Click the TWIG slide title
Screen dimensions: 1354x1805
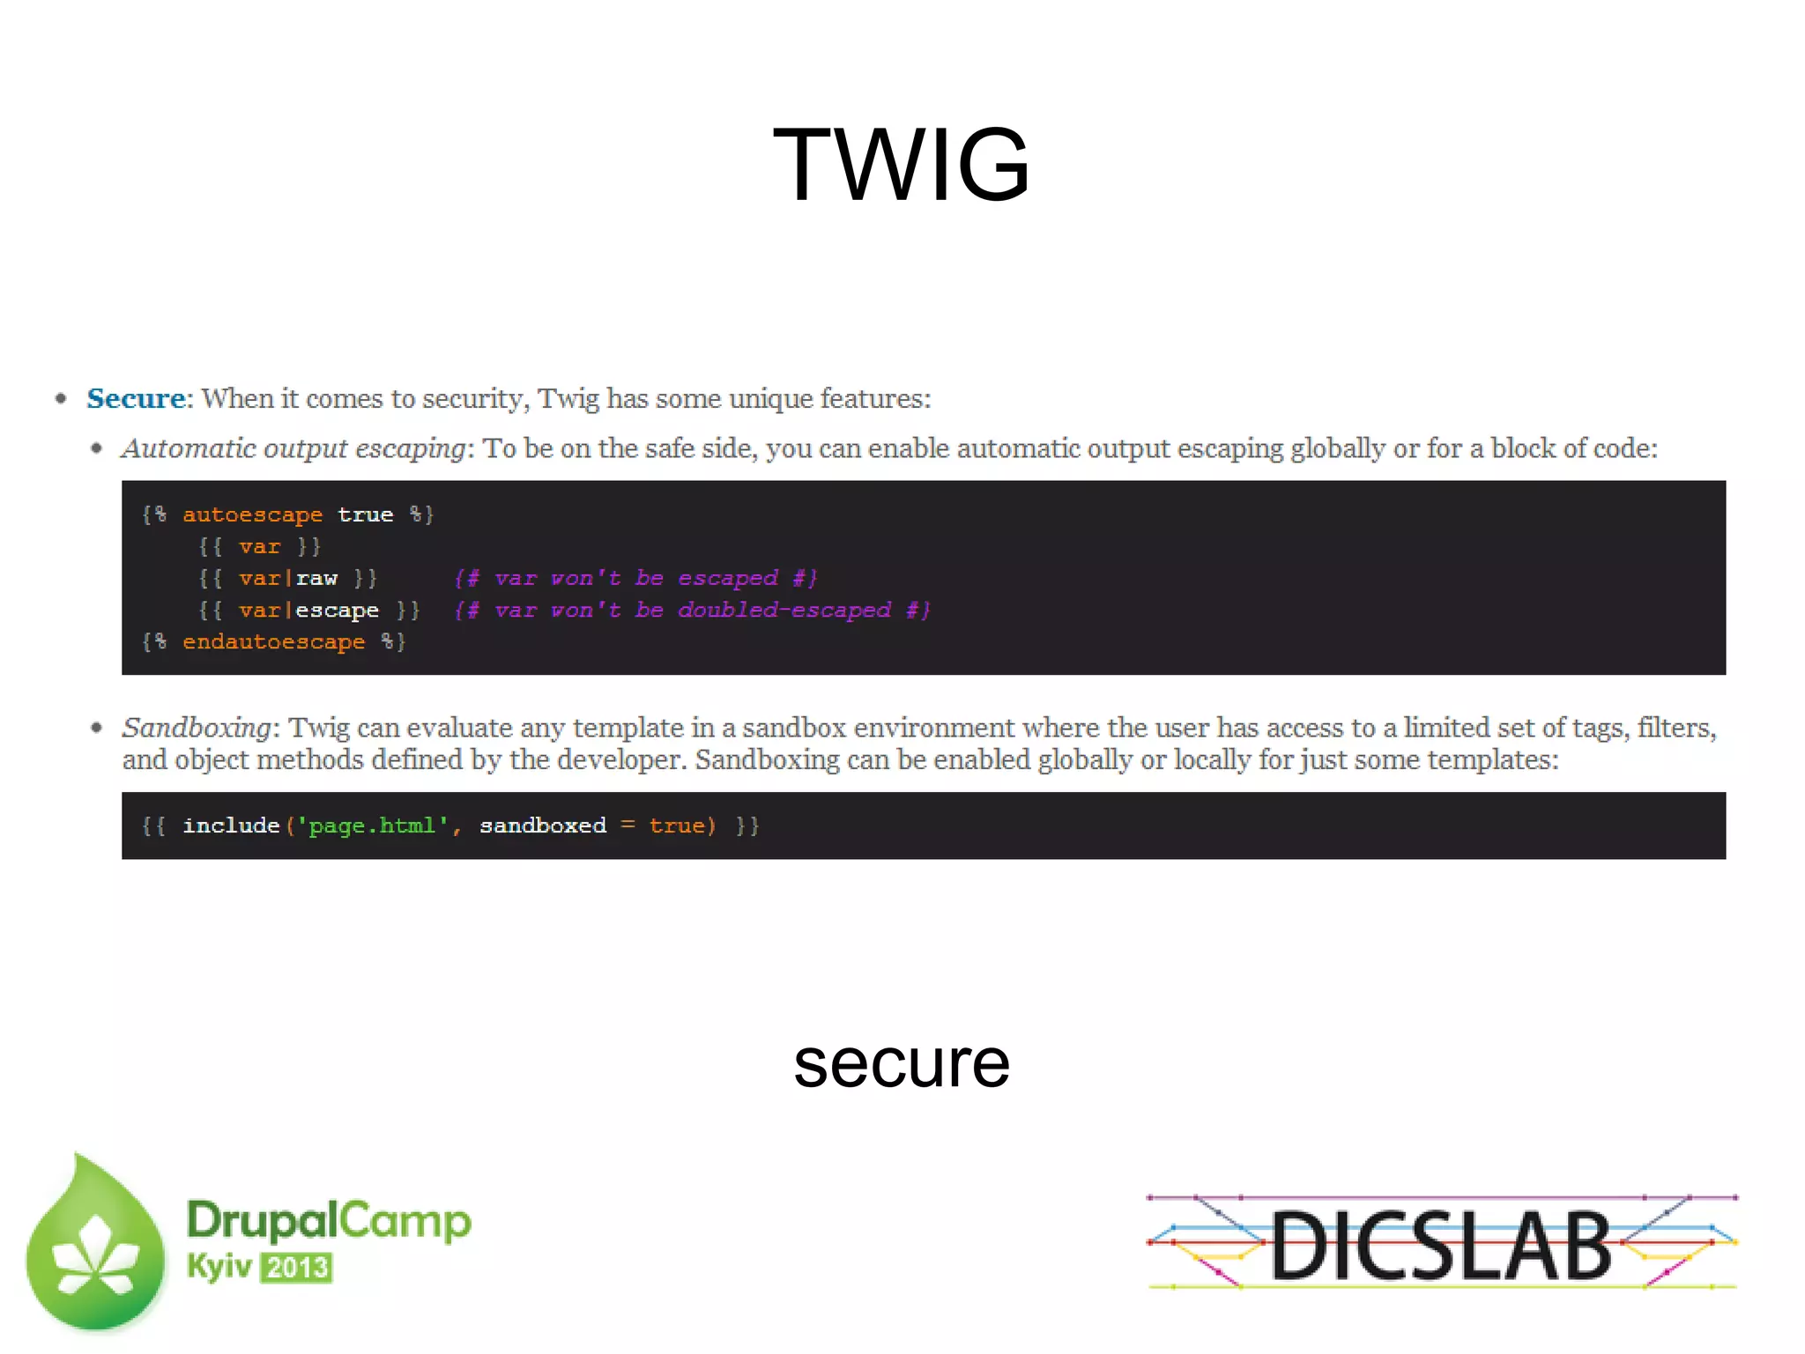pyautogui.click(x=901, y=165)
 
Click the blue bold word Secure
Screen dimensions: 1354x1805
pyautogui.click(x=136, y=398)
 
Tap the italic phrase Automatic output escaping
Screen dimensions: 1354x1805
pyautogui.click(x=293, y=448)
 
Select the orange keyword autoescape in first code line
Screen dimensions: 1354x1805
pyautogui.click(x=252, y=514)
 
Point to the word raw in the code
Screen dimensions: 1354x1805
pyautogui.click(x=316, y=579)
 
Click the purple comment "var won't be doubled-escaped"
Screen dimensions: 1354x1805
pyautogui.click(x=692, y=610)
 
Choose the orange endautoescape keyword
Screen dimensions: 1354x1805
pyautogui.click(x=273, y=642)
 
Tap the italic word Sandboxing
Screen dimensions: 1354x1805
pyautogui.click(x=197, y=728)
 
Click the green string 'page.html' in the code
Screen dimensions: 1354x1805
pyautogui.click(x=372, y=826)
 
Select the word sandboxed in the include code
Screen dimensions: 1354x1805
pyautogui.click(x=543, y=826)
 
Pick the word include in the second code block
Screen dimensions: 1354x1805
pyautogui.click(x=231, y=826)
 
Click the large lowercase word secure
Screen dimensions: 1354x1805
pyautogui.click(x=901, y=1063)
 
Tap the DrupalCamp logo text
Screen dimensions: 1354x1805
pyautogui.click(x=329, y=1221)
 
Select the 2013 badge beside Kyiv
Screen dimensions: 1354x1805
pyautogui.click(x=297, y=1268)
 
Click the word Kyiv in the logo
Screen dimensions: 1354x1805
pyautogui.click(x=219, y=1267)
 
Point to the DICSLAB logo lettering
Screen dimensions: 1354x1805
pyautogui.click(x=1441, y=1244)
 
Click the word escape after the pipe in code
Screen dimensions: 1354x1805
pyautogui.click(x=337, y=610)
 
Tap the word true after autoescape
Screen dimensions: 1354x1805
pyautogui.click(x=365, y=514)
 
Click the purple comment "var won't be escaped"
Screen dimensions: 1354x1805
pyautogui.click(x=635, y=579)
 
